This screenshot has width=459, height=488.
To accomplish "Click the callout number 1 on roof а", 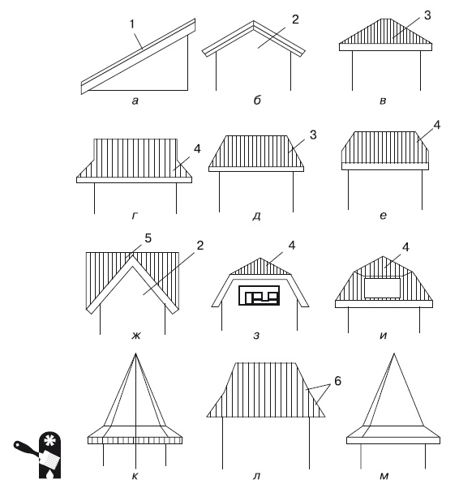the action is coord(132,24).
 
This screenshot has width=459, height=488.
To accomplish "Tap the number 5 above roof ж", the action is coord(148,238).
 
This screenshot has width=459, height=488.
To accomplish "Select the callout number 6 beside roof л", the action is coord(338,381).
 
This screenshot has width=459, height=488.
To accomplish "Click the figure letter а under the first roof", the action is coord(135,101).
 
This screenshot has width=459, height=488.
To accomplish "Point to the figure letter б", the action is coord(257,100).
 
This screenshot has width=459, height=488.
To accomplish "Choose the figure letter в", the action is coord(384,101).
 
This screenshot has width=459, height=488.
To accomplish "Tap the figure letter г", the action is coord(135,216).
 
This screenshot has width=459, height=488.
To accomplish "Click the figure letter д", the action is coord(256,216).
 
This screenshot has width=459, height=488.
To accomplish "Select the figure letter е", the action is coord(384,216).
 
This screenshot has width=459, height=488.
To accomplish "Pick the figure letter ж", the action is coord(136,336).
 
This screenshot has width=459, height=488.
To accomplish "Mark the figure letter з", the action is coord(256,336).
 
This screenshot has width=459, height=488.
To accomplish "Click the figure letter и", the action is coord(384,336).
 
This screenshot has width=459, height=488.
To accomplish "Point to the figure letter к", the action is coord(135,476).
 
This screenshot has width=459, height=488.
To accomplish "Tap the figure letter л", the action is coord(256,476).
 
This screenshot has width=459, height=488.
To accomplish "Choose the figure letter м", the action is coord(384,476).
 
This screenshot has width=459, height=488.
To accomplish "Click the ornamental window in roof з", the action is coord(259,295).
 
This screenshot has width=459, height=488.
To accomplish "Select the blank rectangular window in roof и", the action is coord(383,288).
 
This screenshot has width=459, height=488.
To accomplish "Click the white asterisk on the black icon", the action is coord(49,441).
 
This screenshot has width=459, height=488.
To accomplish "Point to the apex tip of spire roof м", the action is coord(394,353).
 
